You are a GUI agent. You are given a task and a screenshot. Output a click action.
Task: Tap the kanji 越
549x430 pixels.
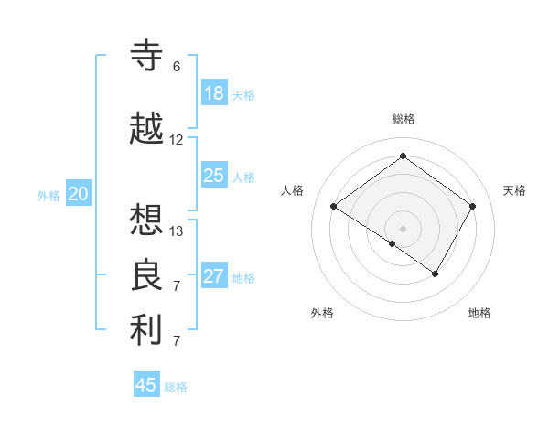(147, 129)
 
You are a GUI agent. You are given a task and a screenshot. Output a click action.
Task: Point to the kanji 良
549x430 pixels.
(147, 275)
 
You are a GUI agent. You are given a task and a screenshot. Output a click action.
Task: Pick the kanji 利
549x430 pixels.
(147, 330)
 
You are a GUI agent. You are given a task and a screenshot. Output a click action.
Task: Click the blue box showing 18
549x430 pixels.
(214, 93)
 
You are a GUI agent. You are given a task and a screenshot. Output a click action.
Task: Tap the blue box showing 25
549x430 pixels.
(214, 176)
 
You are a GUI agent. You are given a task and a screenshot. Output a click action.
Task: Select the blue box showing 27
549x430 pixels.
(214, 276)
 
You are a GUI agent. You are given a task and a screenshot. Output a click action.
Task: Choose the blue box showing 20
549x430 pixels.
(79, 194)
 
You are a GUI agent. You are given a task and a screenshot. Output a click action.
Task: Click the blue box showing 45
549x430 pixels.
(146, 385)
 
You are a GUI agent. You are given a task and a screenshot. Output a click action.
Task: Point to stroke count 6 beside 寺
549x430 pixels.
(177, 67)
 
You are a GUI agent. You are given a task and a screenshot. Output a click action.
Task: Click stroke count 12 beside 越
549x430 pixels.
(177, 140)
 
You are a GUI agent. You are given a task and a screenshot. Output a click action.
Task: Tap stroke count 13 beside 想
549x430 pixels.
(177, 231)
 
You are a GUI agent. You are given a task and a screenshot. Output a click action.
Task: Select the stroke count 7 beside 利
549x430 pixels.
(177, 341)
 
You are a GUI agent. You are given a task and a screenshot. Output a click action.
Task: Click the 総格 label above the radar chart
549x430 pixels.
(403, 119)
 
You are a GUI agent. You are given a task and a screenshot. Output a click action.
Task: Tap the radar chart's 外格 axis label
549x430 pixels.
(322, 313)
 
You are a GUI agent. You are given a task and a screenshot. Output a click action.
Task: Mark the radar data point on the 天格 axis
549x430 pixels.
(472, 206)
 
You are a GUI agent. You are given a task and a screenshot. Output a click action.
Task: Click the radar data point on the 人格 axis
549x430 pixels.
(334, 206)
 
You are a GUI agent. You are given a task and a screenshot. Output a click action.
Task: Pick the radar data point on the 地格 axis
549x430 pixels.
(436, 274)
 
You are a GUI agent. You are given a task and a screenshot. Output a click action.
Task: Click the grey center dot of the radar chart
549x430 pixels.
(403, 228)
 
